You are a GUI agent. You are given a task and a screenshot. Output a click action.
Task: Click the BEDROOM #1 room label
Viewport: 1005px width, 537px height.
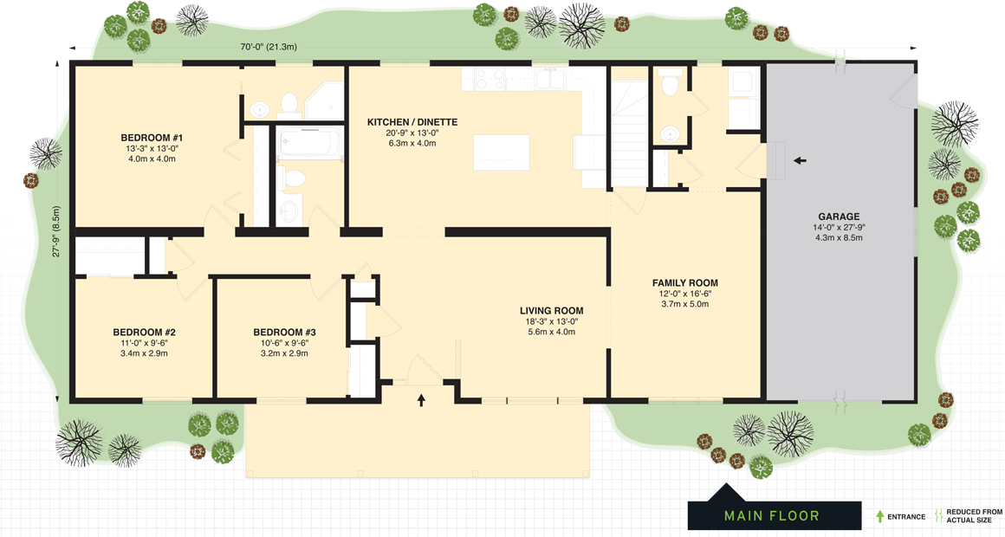click(152, 138)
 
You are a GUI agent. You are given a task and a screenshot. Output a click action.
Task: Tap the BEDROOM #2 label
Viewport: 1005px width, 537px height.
click(145, 333)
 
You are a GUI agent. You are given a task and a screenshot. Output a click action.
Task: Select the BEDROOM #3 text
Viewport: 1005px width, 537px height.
click(284, 333)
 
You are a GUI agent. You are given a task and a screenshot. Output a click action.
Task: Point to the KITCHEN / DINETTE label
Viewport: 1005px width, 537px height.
click(412, 122)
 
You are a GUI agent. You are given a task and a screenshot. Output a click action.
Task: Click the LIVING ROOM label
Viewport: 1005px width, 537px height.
click(551, 311)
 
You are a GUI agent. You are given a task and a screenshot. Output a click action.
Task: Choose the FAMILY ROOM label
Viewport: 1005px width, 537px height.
click(684, 283)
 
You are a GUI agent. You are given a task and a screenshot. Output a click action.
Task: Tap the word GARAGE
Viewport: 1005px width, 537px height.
click(839, 217)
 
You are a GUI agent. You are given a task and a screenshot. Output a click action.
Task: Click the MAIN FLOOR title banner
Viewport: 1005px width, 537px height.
click(771, 516)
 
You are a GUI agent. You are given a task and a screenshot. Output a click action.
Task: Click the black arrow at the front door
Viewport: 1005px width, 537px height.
click(422, 400)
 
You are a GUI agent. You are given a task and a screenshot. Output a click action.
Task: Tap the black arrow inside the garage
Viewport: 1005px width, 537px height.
click(800, 160)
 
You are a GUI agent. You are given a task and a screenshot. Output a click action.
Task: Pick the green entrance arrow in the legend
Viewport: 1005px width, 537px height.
click(880, 516)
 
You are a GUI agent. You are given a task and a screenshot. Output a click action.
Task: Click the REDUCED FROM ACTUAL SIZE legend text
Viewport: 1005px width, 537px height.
click(974, 516)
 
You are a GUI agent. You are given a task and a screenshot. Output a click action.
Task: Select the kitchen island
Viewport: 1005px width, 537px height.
click(502, 153)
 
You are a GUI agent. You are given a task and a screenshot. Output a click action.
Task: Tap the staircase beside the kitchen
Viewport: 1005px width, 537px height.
click(629, 130)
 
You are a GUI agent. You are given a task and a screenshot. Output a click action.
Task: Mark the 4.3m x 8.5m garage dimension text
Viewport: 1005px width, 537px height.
click(839, 237)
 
